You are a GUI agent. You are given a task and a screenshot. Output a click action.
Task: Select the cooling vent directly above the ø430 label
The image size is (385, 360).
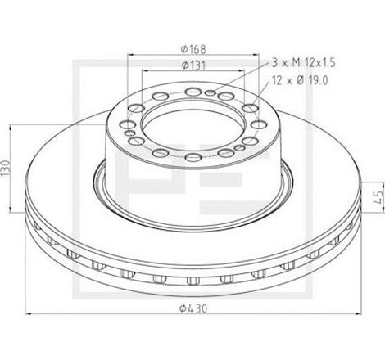coord(193,281)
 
